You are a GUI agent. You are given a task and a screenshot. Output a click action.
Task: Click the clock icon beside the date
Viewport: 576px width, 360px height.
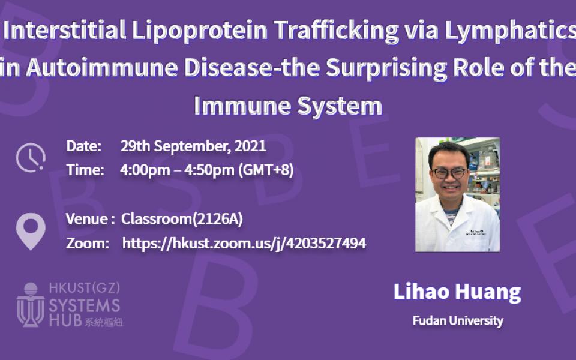pyautogui.click(x=31, y=158)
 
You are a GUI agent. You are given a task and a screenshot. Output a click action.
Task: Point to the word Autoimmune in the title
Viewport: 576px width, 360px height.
pyautogui.click(x=102, y=68)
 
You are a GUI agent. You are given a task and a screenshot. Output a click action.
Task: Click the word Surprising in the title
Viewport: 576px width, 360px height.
pyautogui.click(x=386, y=68)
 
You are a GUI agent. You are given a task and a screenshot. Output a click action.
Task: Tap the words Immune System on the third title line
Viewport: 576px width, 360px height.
pyautogui.click(x=288, y=106)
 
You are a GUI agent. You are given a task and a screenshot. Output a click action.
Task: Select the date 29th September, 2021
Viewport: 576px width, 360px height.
pyautogui.click(x=193, y=146)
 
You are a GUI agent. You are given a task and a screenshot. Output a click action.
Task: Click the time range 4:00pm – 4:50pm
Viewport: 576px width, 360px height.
pyautogui.click(x=177, y=170)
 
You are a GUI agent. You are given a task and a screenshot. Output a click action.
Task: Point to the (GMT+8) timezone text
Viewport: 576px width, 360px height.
pyautogui.click(x=266, y=170)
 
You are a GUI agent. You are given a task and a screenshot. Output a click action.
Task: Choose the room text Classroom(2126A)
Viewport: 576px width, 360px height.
pyautogui.click(x=182, y=219)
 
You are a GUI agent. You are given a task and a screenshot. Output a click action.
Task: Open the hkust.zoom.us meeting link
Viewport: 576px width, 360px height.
pyautogui.click(x=244, y=243)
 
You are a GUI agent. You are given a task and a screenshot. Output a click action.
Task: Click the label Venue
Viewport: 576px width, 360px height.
pyautogui.click(x=87, y=219)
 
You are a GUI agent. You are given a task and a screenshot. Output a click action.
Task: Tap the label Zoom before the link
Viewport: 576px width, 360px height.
pyautogui.click(x=88, y=243)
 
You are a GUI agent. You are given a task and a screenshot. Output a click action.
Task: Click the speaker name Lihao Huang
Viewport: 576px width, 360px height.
pyautogui.click(x=457, y=292)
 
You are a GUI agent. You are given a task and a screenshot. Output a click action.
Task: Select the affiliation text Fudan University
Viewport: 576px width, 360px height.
pyautogui.click(x=458, y=320)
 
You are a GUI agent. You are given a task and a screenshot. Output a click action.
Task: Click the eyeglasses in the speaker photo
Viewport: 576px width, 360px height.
pyautogui.click(x=449, y=173)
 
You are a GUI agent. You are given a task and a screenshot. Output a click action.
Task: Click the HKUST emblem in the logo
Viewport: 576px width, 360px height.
pyautogui.click(x=31, y=305)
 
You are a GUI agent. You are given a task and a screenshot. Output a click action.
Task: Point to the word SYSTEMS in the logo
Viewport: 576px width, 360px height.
pyautogui.click(x=85, y=305)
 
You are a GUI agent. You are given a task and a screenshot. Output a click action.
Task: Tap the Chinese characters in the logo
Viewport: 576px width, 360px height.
pyautogui.click(x=104, y=322)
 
